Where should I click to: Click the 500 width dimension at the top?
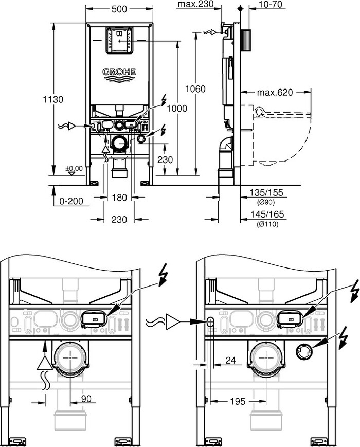point(119,9)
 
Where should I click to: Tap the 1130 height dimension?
point(53,99)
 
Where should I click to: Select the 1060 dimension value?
point(195,90)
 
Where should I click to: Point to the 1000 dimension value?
point(177,109)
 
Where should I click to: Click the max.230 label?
point(195,5)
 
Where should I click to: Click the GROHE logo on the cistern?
point(119,74)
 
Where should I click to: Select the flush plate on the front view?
point(119,40)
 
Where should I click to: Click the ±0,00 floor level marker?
point(74,168)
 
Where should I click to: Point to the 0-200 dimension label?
point(71,201)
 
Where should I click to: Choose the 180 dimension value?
point(119,198)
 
